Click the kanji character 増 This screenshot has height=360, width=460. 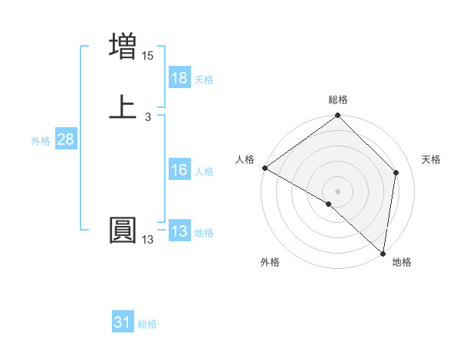coord(123,47)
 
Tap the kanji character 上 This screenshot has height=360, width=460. coord(123,107)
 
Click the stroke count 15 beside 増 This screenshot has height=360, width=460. coord(148,56)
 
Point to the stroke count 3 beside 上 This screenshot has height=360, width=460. coord(148,117)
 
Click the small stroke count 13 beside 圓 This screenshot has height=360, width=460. coord(148,240)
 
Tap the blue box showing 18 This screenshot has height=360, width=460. coord(179,78)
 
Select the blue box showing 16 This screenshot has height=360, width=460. coord(179,170)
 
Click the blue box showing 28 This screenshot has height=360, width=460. coord(65,139)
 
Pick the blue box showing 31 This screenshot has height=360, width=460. coord(123,322)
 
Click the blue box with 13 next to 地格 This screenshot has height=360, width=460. coord(179,231)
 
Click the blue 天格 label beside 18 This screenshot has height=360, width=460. coord(204,80)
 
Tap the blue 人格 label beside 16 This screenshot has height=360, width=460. coord(204,172)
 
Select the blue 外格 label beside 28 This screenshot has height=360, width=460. coord(41,141)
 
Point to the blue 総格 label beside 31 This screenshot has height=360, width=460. coord(147,324)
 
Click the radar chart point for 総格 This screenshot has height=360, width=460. coord(337,116)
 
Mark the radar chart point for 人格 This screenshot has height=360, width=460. coord(264,168)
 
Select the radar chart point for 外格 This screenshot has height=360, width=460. coord(329,204)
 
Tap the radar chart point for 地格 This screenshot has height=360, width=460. coord(383,253)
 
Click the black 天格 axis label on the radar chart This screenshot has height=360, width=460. coord(431,159)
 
